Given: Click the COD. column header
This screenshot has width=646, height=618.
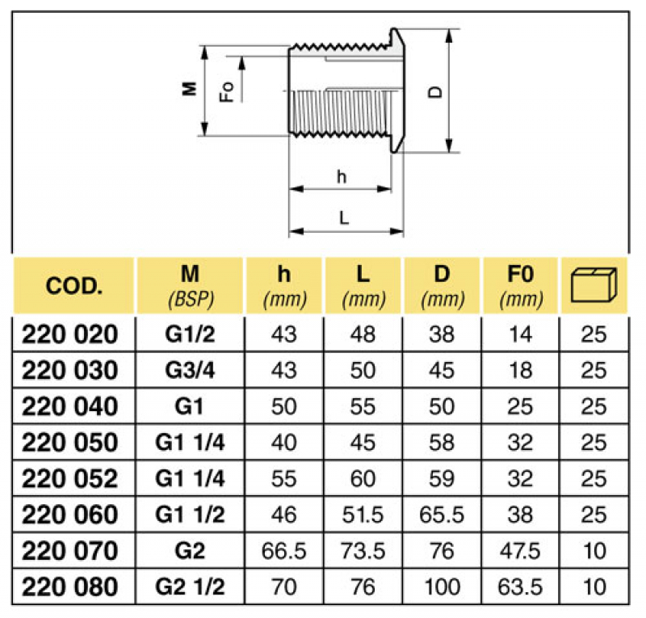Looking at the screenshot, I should pyautogui.click(x=73, y=286).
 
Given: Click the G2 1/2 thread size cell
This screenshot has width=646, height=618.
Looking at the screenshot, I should pyautogui.click(x=189, y=586).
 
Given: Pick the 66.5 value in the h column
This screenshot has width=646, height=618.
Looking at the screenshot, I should pyautogui.click(x=283, y=550).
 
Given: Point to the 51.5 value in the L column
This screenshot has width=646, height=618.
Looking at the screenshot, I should pyautogui.click(x=363, y=515).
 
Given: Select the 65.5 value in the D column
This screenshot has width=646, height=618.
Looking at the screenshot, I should pyautogui.click(x=442, y=515).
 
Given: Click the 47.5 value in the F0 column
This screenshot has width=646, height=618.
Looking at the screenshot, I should pyautogui.click(x=520, y=550).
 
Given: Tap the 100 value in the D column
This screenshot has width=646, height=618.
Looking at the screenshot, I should pyautogui.click(x=442, y=586).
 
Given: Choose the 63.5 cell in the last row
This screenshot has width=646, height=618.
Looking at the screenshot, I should pyautogui.click(x=520, y=586).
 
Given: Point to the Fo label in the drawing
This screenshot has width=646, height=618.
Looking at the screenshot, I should pyautogui.click(x=229, y=91).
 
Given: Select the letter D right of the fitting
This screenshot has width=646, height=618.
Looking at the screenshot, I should pyautogui.click(x=435, y=91).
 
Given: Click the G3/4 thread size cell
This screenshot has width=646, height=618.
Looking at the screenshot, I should pyautogui.click(x=189, y=371).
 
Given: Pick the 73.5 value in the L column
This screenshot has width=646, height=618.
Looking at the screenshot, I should pyautogui.click(x=363, y=550).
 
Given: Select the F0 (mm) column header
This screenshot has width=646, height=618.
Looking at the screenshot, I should pyautogui.click(x=520, y=285).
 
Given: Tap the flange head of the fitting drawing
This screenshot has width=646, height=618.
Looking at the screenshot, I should pyautogui.click(x=396, y=89).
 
